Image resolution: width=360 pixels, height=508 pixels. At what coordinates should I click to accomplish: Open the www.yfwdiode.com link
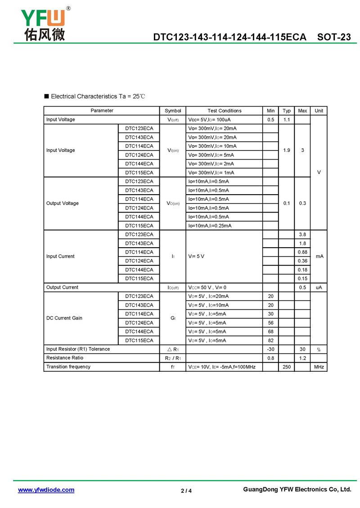(x=46, y=490)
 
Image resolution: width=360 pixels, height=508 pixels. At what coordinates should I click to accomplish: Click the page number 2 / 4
(x=186, y=490)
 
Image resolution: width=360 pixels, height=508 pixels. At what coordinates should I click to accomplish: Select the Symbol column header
(x=173, y=111)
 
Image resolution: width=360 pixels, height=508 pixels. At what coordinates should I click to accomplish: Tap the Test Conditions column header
(x=224, y=111)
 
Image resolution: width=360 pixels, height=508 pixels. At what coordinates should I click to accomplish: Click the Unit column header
(x=319, y=111)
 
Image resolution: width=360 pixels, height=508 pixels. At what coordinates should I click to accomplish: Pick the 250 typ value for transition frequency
(x=286, y=367)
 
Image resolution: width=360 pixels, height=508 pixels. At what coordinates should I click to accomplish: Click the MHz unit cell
(x=319, y=367)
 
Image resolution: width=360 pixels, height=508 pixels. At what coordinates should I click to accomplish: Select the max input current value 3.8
(x=302, y=235)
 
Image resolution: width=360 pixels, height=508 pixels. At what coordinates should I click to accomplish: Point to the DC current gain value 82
(x=270, y=340)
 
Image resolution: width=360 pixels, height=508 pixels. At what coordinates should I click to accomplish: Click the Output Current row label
(x=62, y=287)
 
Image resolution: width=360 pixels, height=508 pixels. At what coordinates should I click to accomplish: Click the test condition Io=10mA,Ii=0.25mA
(x=210, y=226)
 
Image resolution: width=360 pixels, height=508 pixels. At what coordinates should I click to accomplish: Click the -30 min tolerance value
(x=270, y=349)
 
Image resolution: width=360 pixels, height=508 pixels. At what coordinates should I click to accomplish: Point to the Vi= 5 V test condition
(x=196, y=256)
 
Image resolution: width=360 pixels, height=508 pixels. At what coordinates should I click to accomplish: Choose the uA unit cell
(x=319, y=287)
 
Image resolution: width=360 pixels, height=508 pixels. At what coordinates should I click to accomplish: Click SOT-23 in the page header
(x=334, y=37)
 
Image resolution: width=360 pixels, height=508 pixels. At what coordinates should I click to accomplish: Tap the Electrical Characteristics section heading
(x=98, y=96)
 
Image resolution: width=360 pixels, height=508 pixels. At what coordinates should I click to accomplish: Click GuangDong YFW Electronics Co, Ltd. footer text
(x=297, y=490)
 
